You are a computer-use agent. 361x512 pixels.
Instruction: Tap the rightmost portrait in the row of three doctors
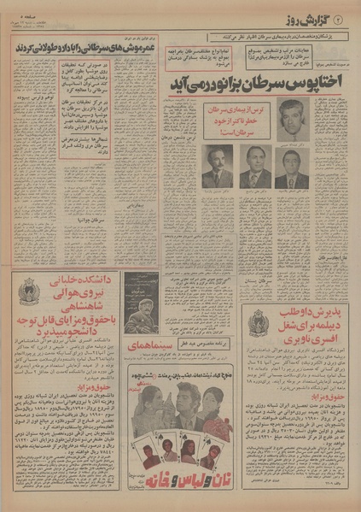[292, 167]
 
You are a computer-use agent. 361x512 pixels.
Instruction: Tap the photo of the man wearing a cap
[140, 301]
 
